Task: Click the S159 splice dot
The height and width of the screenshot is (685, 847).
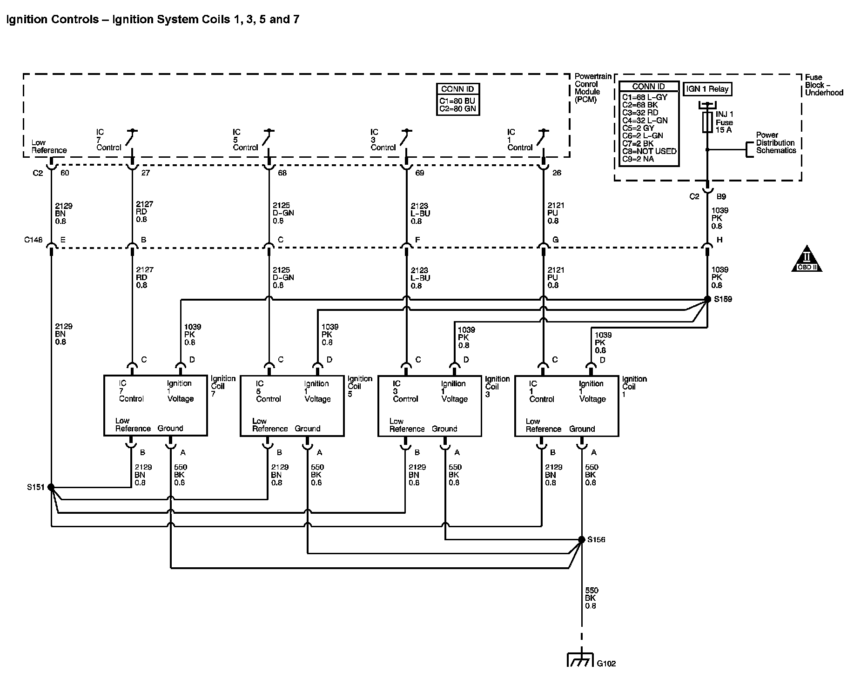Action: point(707,299)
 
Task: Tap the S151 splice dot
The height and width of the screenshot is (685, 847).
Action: point(51,487)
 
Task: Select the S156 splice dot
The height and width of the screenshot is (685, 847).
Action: point(581,540)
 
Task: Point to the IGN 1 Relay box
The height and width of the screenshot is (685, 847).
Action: point(707,89)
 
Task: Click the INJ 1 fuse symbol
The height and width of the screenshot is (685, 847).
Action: point(707,122)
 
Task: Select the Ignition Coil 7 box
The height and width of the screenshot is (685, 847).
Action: point(155,405)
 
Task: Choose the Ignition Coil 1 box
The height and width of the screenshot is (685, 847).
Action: point(566,406)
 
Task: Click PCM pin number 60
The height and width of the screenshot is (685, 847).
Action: point(65,173)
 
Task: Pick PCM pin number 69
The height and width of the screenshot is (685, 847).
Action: point(419,173)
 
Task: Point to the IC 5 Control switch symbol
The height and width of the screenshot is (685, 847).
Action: point(267,137)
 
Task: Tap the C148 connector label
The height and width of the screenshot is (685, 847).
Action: point(34,240)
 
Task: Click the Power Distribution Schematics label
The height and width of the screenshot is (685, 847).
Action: point(776,143)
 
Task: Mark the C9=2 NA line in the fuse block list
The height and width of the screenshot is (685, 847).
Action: point(638,159)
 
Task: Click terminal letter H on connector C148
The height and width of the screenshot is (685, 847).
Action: point(719,240)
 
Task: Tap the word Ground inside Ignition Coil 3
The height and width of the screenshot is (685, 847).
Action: point(444,429)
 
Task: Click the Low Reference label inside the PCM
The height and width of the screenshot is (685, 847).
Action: point(49,147)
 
